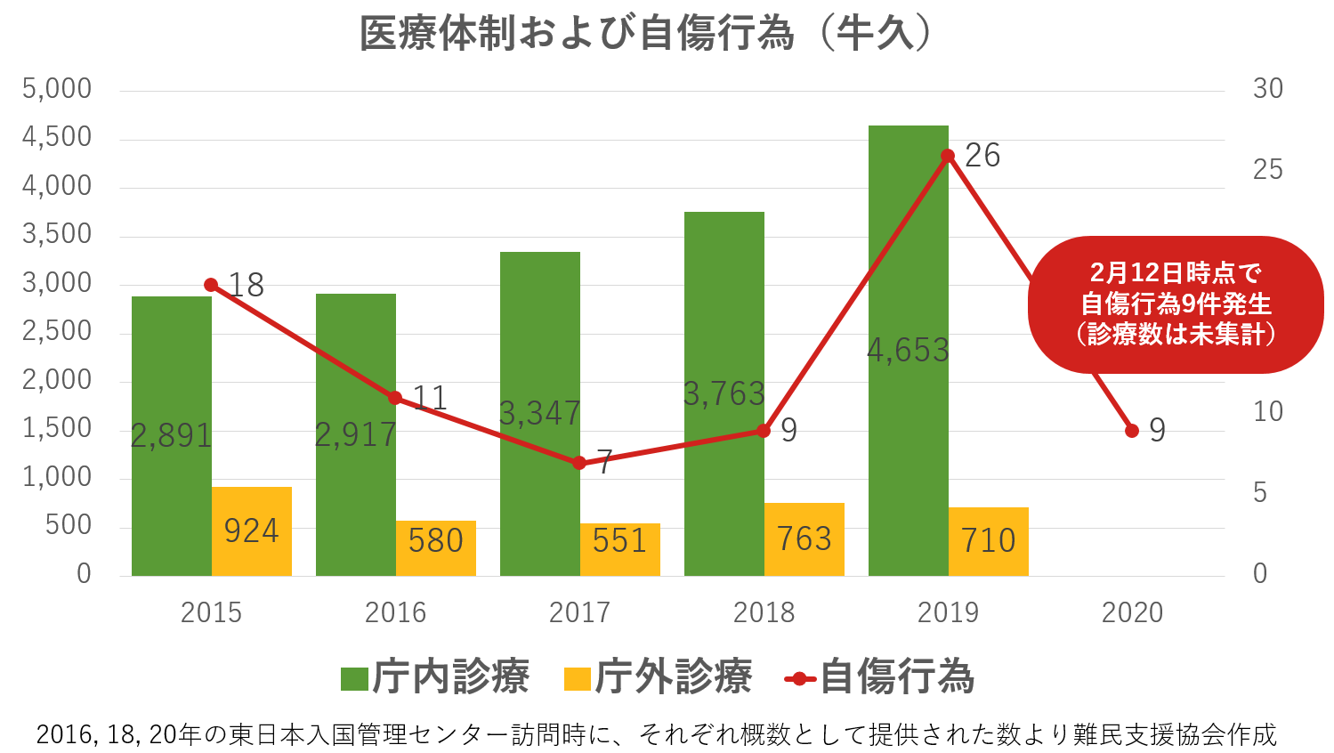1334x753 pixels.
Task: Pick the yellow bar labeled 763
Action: (x=804, y=539)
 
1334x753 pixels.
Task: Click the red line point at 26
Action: (x=948, y=156)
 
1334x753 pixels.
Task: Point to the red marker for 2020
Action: (x=1132, y=431)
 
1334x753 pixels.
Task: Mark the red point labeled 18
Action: (x=211, y=285)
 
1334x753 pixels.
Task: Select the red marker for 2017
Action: (x=579, y=463)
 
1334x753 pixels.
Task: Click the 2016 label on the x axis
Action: (x=395, y=612)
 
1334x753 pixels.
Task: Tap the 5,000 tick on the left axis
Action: (x=57, y=89)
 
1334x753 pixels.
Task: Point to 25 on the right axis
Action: (x=1267, y=170)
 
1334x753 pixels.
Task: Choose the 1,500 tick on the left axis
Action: (x=57, y=428)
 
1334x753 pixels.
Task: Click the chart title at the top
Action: (x=646, y=34)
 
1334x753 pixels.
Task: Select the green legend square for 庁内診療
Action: (x=354, y=679)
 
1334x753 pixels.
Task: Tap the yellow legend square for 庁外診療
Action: (x=578, y=679)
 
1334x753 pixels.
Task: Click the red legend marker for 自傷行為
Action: (x=800, y=679)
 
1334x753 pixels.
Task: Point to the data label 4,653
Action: (x=908, y=351)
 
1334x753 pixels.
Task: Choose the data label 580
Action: (x=436, y=541)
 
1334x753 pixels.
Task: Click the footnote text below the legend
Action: (x=656, y=735)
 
